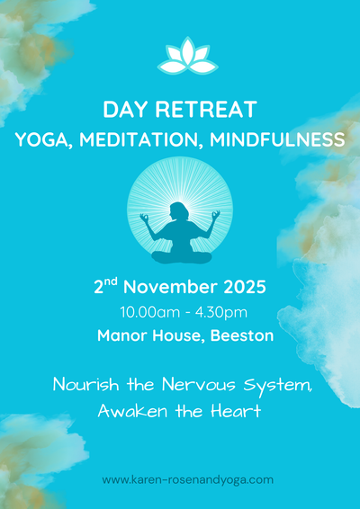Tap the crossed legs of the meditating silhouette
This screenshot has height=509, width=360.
(x=181, y=254)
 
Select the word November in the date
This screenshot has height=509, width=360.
(x=168, y=289)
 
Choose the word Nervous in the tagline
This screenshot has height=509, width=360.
(x=204, y=385)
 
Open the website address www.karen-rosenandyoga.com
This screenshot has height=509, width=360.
(x=187, y=479)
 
